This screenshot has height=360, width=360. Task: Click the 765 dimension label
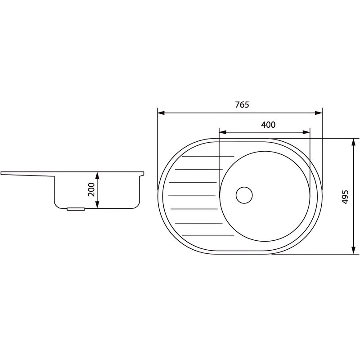(x=242, y=105)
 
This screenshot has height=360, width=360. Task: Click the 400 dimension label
(x=268, y=125)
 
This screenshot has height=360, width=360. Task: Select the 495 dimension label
(x=345, y=197)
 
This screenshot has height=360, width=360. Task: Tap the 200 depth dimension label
(x=91, y=189)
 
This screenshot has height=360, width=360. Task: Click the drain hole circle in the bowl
(x=244, y=195)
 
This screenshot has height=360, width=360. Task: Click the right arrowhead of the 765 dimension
(x=319, y=113)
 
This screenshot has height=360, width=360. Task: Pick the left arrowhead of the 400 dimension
(x=223, y=132)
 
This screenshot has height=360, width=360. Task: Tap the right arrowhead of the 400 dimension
(x=306, y=132)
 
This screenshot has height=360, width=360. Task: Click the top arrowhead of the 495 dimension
(x=354, y=142)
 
